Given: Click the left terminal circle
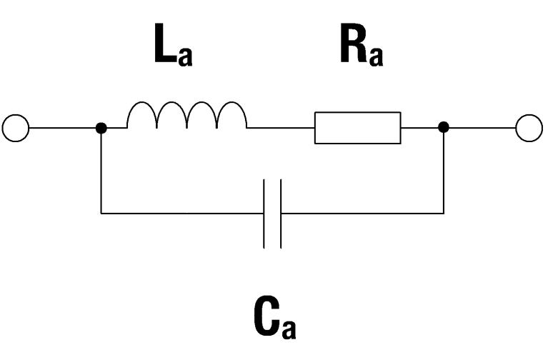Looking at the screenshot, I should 16,129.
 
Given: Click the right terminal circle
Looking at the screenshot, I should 529,129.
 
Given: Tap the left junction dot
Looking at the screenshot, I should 101,129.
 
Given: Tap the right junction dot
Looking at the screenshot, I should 444,129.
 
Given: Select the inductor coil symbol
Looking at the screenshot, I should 186,116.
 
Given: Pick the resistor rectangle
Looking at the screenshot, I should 357,129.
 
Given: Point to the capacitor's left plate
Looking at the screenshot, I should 265,214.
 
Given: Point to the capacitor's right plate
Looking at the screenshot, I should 281,214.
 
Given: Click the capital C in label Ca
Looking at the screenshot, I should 265,319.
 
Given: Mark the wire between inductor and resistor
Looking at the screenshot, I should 280,129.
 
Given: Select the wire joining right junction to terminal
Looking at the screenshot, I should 480,129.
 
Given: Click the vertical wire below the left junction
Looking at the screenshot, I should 101,171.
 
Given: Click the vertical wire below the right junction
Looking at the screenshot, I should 444,171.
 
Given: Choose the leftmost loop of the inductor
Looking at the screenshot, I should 142,116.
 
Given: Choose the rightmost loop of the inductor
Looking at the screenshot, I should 231,116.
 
